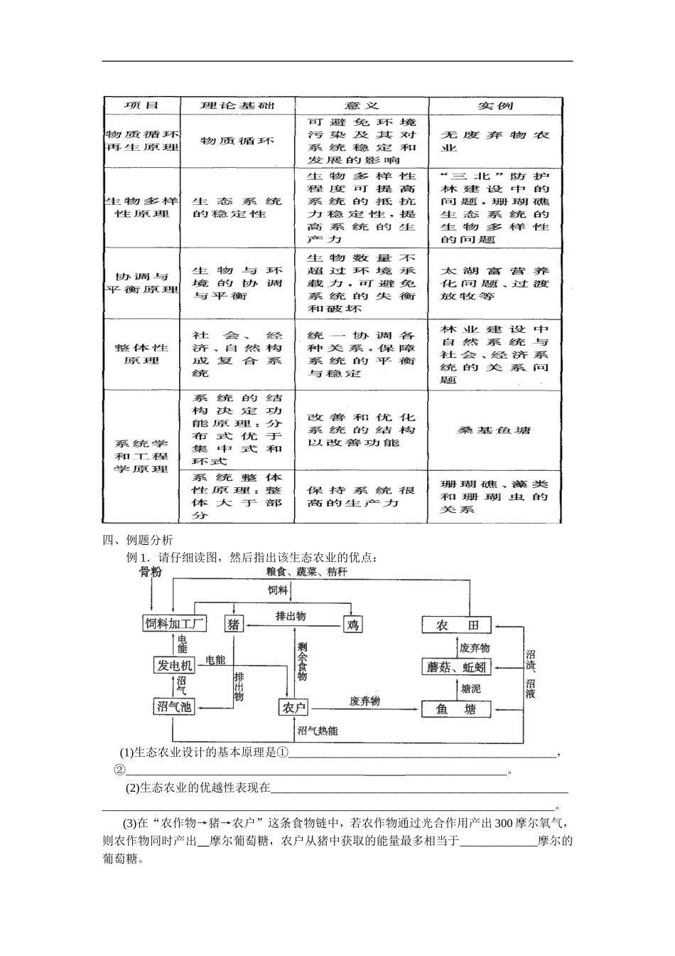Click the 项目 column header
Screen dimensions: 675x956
(x=141, y=105)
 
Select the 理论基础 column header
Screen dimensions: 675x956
(x=237, y=105)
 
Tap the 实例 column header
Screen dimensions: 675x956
(x=495, y=105)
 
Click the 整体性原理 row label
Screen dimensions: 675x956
(x=141, y=354)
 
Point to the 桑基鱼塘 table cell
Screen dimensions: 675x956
(x=495, y=430)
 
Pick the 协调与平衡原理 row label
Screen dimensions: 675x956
(x=141, y=282)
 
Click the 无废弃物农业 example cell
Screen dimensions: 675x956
(x=495, y=141)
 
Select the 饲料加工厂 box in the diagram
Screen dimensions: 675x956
(x=175, y=624)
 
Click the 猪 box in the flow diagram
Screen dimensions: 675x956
(x=234, y=624)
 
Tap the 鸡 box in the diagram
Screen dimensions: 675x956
(x=352, y=625)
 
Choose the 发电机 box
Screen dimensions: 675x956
(x=174, y=665)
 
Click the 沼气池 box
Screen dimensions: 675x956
(x=174, y=706)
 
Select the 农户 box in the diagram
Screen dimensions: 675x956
(x=293, y=708)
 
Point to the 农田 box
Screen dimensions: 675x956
(x=456, y=625)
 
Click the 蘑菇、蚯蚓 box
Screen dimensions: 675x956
(x=456, y=666)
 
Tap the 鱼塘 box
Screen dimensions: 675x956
(x=456, y=708)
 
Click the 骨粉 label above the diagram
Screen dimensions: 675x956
(x=151, y=573)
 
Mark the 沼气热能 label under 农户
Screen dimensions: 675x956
(x=318, y=731)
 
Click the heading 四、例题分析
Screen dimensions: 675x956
(x=138, y=540)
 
